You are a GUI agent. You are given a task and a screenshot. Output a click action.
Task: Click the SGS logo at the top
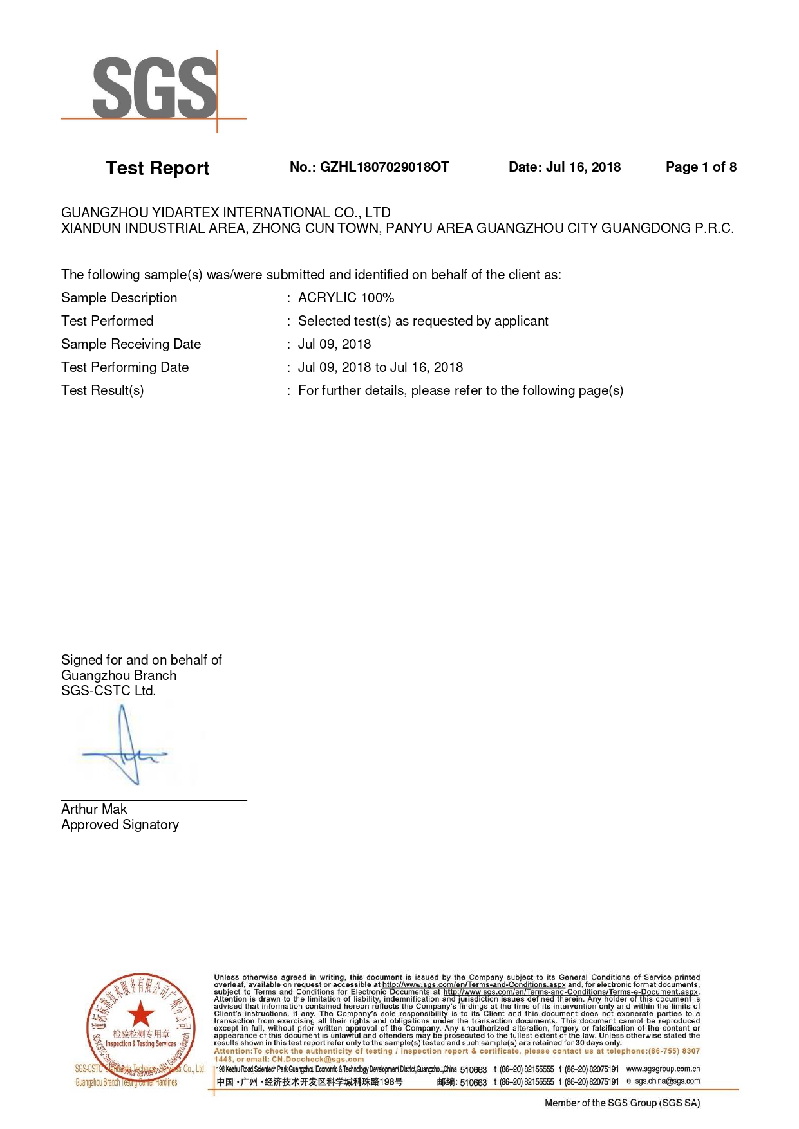click(155, 88)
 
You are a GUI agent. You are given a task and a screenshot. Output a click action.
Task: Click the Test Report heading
click(157, 168)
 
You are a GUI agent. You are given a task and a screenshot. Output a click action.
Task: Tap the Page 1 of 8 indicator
click(700, 167)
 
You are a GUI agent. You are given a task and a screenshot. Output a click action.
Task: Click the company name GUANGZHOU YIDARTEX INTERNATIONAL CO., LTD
click(225, 212)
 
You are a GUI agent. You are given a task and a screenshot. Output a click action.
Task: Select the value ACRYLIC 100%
click(346, 298)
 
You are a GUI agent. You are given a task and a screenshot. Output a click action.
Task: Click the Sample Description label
click(119, 298)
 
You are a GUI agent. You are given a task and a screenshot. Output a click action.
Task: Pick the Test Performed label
click(108, 321)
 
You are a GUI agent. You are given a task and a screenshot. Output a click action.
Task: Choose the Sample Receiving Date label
click(131, 344)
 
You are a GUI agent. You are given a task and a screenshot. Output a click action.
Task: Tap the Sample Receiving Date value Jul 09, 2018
click(334, 344)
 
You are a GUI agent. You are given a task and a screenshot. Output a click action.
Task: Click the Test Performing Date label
click(125, 367)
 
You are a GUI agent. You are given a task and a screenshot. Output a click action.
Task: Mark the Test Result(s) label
click(102, 390)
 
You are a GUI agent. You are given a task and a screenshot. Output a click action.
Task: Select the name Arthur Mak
click(94, 809)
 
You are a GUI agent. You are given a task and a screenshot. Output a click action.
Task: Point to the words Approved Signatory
click(120, 825)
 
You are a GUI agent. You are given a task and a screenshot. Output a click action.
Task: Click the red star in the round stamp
click(140, 1014)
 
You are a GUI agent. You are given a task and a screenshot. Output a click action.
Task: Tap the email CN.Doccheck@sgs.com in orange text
click(317, 1059)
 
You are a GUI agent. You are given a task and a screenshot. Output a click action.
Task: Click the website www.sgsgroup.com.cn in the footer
click(663, 1069)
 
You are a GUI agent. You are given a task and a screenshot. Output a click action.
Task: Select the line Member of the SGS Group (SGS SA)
click(622, 1103)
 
